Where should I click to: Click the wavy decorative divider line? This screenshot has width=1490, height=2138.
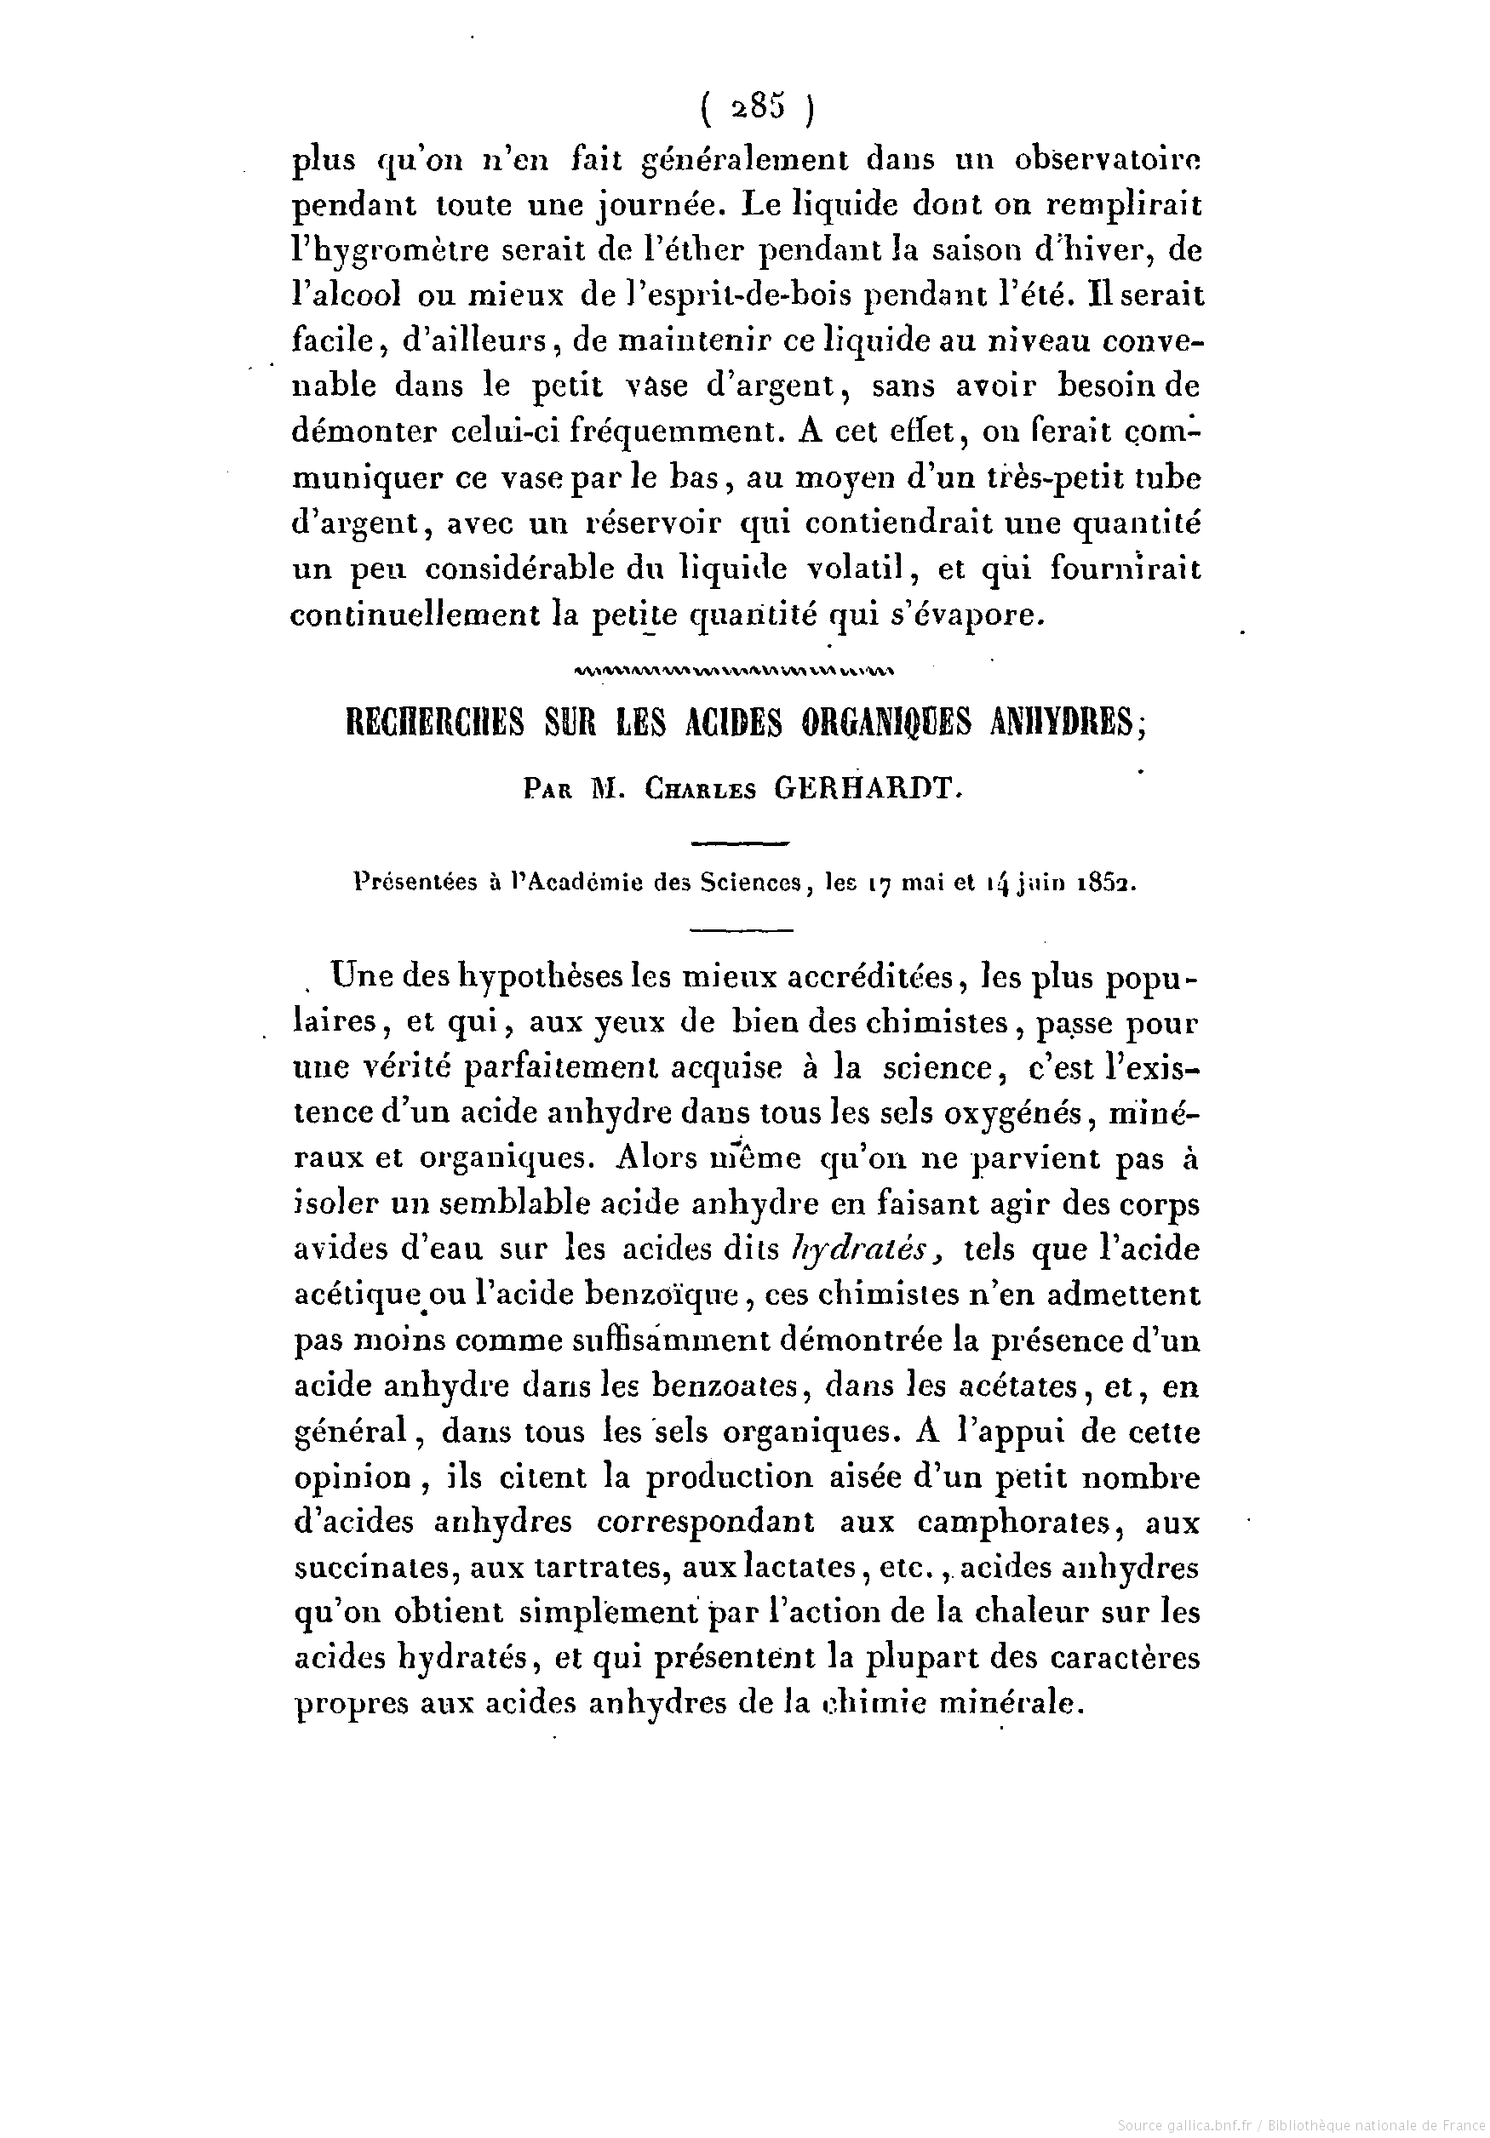[x=736, y=669]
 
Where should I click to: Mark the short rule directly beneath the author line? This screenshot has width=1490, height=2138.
[x=742, y=843]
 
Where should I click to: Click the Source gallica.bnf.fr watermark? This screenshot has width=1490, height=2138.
[x=1298, y=2124]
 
